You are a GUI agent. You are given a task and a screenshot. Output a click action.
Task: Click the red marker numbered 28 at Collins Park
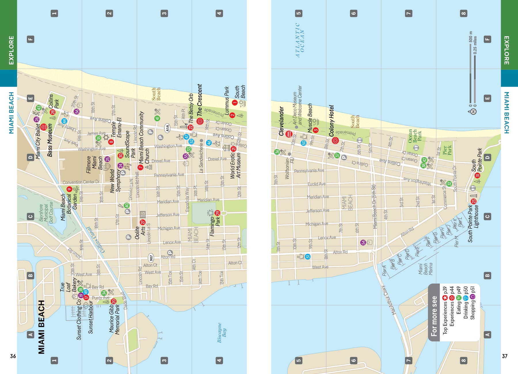point(52,112)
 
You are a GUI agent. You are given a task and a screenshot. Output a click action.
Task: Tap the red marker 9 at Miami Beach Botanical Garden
point(69,189)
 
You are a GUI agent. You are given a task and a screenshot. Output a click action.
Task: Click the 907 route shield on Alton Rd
point(151,258)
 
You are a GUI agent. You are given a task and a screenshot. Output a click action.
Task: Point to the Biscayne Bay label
point(222,333)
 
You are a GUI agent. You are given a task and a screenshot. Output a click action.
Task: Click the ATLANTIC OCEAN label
point(300,40)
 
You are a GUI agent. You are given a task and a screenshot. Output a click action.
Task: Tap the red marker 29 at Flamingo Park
point(218,213)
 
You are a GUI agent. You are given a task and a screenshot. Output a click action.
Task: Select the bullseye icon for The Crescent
point(200,121)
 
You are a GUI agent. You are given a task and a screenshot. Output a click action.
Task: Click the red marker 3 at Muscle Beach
point(316,130)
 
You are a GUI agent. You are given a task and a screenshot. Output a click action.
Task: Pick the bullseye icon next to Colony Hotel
point(335,141)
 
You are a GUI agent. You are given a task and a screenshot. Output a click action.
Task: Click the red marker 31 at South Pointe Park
point(477,176)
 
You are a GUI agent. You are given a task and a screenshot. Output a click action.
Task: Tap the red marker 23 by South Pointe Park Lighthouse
point(474,201)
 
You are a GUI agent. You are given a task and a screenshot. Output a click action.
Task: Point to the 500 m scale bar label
point(471,37)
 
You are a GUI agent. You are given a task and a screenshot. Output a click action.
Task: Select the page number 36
point(13,356)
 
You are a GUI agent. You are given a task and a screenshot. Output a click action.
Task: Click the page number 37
point(505,356)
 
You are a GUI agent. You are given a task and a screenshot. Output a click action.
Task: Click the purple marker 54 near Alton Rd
point(363,242)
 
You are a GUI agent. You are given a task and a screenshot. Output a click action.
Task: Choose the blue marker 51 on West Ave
point(308,257)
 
